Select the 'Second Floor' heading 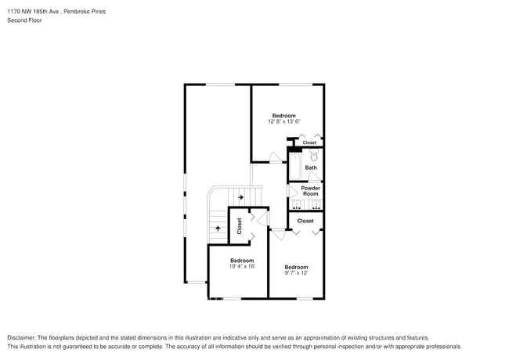pos(24,20)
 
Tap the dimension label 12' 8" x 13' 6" pos(283,122)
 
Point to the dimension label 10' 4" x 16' pos(241,266)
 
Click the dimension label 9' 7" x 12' pos(296,273)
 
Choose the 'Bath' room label pos(311,167)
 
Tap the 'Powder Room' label pos(311,190)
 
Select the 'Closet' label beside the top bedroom pos(309,142)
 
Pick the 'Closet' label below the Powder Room pos(305,221)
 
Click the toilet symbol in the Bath pos(314,157)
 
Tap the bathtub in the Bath pos(295,166)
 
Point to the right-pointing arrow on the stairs pos(240,197)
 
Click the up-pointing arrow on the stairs pos(217,228)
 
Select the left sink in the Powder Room pos(296,206)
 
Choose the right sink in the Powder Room pos(315,206)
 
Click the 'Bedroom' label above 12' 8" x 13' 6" pos(283,115)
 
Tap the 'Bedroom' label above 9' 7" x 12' pos(296,267)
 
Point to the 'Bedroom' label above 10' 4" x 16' pos(241,260)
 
